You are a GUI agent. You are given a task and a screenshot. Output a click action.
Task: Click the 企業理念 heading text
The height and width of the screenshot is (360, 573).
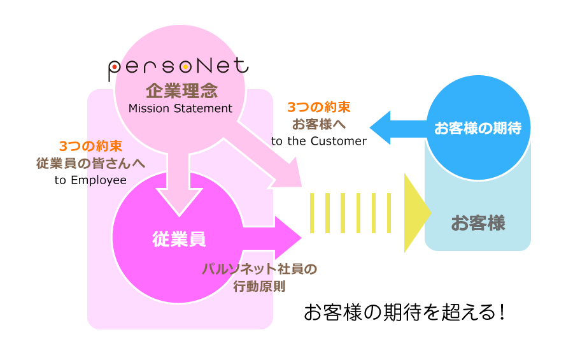pos(181,90)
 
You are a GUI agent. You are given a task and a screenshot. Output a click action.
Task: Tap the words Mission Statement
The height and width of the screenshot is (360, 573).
pos(180,108)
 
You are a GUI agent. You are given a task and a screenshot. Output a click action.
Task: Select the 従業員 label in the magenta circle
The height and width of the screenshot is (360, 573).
pos(179,239)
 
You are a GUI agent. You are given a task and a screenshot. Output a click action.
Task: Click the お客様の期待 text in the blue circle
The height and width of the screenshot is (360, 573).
pos(478,128)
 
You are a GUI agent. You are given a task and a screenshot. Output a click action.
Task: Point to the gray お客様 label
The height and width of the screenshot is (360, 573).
pos(478,223)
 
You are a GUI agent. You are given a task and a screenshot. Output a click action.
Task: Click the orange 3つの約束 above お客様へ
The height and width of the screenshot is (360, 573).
pos(318,107)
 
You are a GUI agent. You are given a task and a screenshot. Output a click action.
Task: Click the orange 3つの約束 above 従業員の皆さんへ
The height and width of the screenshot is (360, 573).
pos(90,146)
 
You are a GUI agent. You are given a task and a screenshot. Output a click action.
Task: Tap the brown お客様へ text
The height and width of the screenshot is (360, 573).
pos(318,124)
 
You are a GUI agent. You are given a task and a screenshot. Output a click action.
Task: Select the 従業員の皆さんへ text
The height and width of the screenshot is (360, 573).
pos(90,163)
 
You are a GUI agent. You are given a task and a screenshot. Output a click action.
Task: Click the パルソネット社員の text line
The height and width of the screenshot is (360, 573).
pos(259,269)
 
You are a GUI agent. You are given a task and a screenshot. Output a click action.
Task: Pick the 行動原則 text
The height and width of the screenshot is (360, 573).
pos(259,286)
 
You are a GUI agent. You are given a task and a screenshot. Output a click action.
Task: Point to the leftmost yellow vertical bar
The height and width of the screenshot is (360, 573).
pos(313,213)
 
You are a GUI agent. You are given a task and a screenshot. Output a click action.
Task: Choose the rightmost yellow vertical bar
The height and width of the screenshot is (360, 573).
pos(389,213)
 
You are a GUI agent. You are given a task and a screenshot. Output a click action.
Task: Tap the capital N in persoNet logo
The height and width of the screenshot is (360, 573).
pos(215,66)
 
